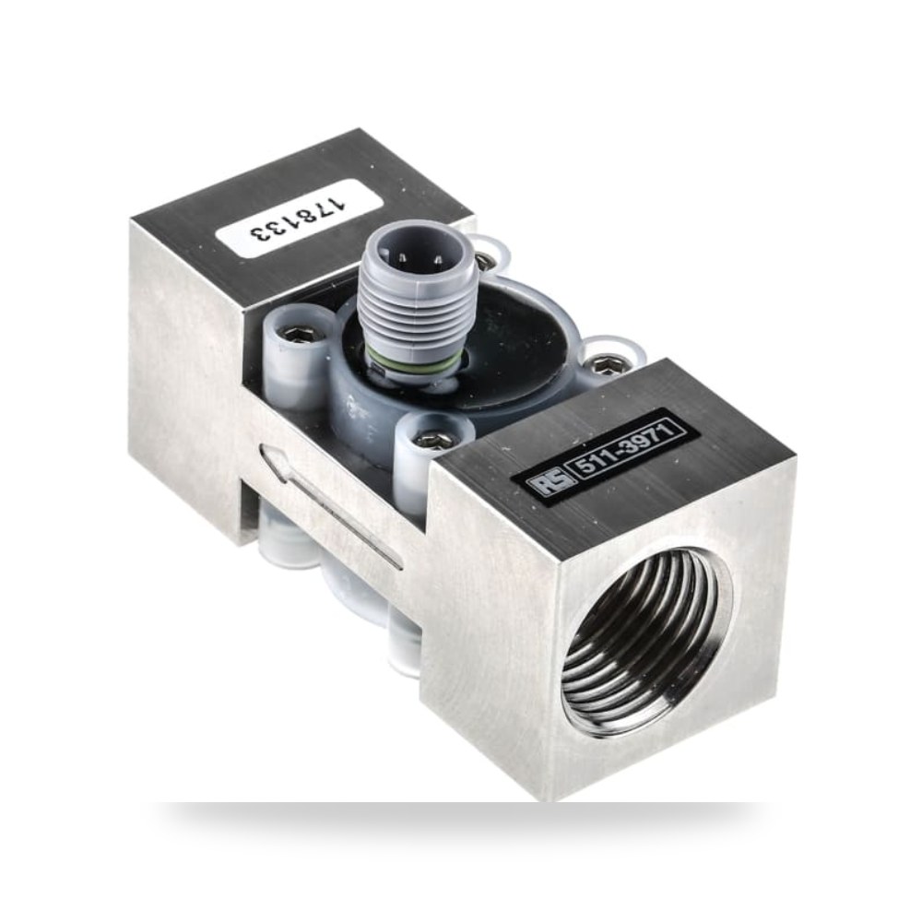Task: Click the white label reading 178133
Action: coord(300,219)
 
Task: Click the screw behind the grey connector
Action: coord(485,259)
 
